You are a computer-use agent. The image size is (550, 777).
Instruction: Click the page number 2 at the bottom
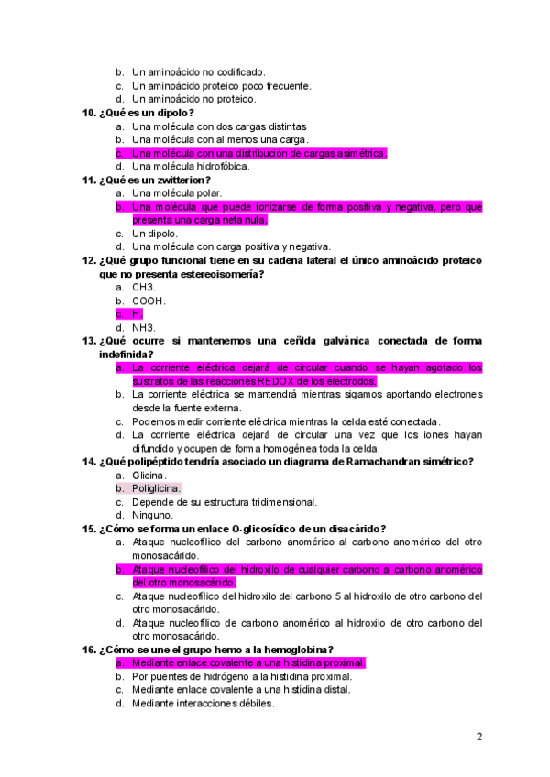[479, 736]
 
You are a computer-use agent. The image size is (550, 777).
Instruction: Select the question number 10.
[89, 113]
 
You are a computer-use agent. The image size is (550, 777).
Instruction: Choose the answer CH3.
[144, 287]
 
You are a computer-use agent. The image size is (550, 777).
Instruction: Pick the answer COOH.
[148, 301]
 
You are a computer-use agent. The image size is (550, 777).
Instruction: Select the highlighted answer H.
[137, 314]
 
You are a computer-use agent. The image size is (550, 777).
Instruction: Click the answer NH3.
[144, 327]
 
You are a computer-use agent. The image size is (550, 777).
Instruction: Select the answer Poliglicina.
[157, 488]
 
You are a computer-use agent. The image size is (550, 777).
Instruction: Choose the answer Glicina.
[149, 476]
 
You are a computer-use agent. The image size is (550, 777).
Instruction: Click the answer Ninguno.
[152, 515]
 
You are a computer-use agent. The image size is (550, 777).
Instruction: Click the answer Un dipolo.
[155, 234]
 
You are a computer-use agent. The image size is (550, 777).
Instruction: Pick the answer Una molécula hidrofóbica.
[191, 167]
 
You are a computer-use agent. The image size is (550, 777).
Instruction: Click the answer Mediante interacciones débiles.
[203, 703]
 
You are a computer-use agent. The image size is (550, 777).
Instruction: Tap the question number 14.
[89, 462]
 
